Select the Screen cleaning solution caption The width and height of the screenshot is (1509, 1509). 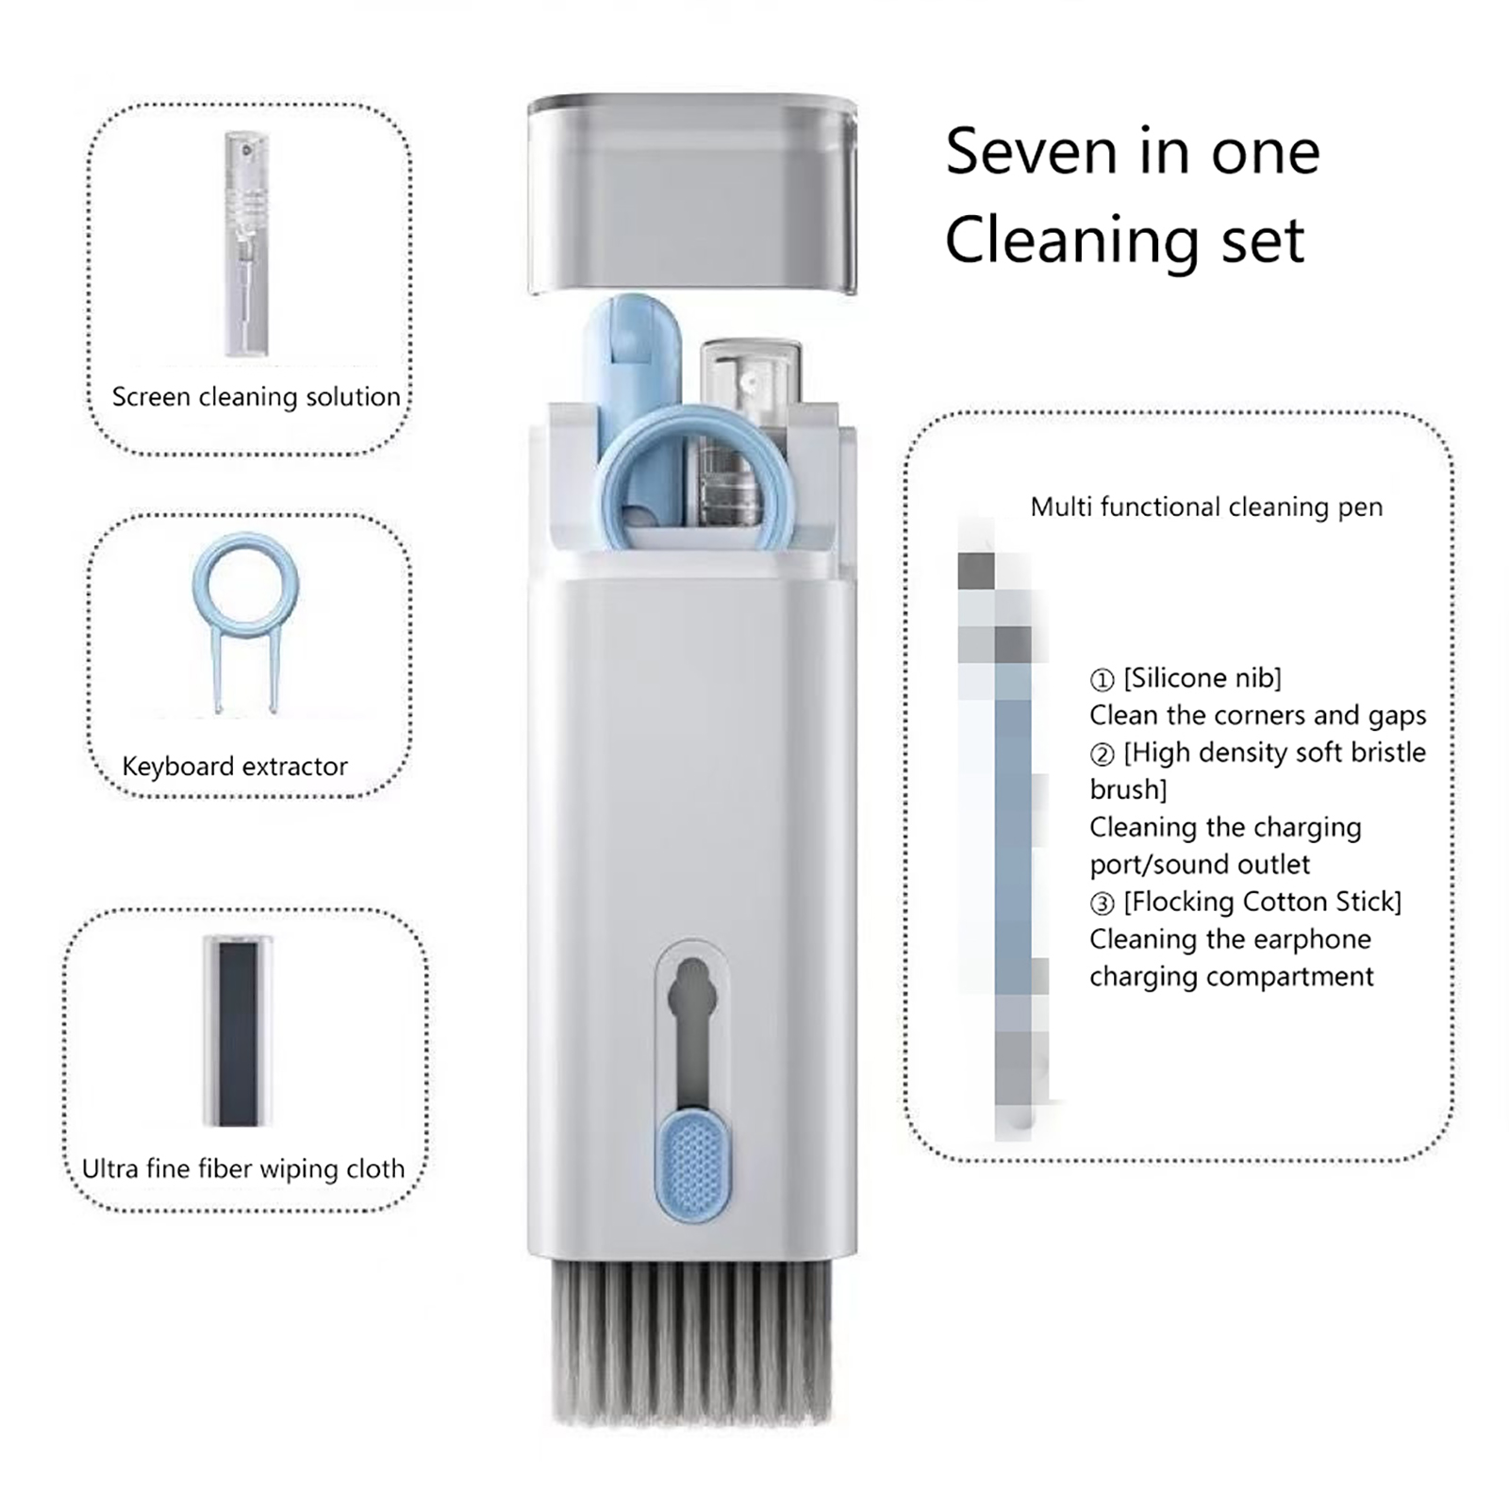tap(257, 397)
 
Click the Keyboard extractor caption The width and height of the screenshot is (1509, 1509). tap(235, 766)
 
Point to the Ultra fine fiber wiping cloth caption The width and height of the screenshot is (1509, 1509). tap(243, 1169)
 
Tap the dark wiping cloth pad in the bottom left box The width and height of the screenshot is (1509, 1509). tap(238, 1031)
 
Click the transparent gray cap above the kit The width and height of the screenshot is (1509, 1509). tap(692, 193)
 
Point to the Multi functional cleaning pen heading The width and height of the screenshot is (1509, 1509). tap(1206, 507)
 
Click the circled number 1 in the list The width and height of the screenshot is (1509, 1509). tap(1102, 680)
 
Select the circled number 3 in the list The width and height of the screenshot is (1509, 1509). tap(1102, 904)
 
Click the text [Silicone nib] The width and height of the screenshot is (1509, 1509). tap(1202, 678)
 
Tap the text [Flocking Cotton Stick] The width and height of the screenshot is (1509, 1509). tap(1262, 902)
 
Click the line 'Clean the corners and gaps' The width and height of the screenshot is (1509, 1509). tap(1258, 715)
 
